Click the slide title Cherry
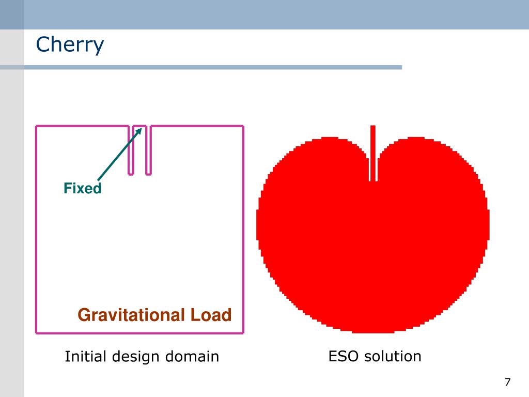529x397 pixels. pyautogui.click(x=70, y=45)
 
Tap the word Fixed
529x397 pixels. pyautogui.click(x=83, y=189)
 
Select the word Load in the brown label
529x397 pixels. pyautogui.click(x=210, y=315)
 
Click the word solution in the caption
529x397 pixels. pyautogui.click(x=393, y=356)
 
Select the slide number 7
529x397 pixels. pyautogui.click(x=507, y=383)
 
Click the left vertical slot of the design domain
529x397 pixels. pyautogui.click(x=131, y=150)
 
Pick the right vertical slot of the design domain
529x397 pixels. pyautogui.click(x=149, y=150)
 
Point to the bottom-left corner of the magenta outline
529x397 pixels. pyautogui.click(x=36, y=332)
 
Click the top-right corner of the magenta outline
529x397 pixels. pyautogui.click(x=242, y=126)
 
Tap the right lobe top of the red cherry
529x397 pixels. pyautogui.click(x=416, y=139)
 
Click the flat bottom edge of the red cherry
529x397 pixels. pyautogui.click(x=373, y=331)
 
